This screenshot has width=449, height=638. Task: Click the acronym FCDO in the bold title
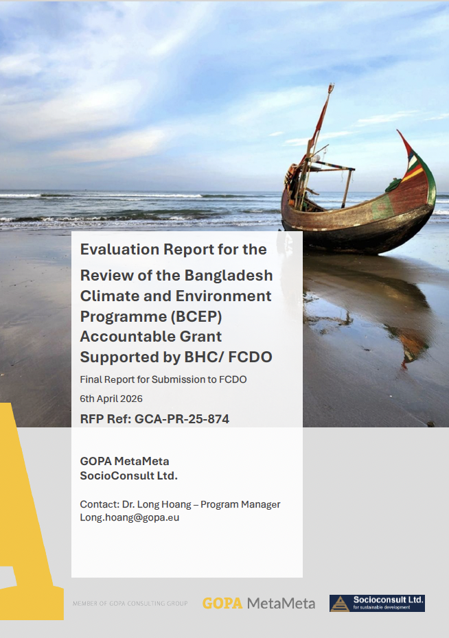[250, 357]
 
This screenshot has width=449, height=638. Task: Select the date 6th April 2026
[111, 399]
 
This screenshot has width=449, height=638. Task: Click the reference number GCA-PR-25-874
[182, 419]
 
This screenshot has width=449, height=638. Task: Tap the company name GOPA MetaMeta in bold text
[124, 462]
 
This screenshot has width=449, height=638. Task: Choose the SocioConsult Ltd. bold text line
[128, 475]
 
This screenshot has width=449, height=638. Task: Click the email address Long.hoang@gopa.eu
[130, 517]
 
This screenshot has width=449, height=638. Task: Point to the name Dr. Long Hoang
[157, 504]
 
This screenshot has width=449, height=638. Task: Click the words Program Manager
[240, 504]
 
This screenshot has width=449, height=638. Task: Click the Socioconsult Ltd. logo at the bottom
[377, 603]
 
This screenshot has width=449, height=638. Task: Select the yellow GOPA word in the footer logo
[222, 603]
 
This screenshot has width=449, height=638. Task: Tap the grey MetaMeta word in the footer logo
[281, 603]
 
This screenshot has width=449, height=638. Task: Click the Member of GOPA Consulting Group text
[130, 604]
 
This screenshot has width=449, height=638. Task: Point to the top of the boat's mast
[332, 86]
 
